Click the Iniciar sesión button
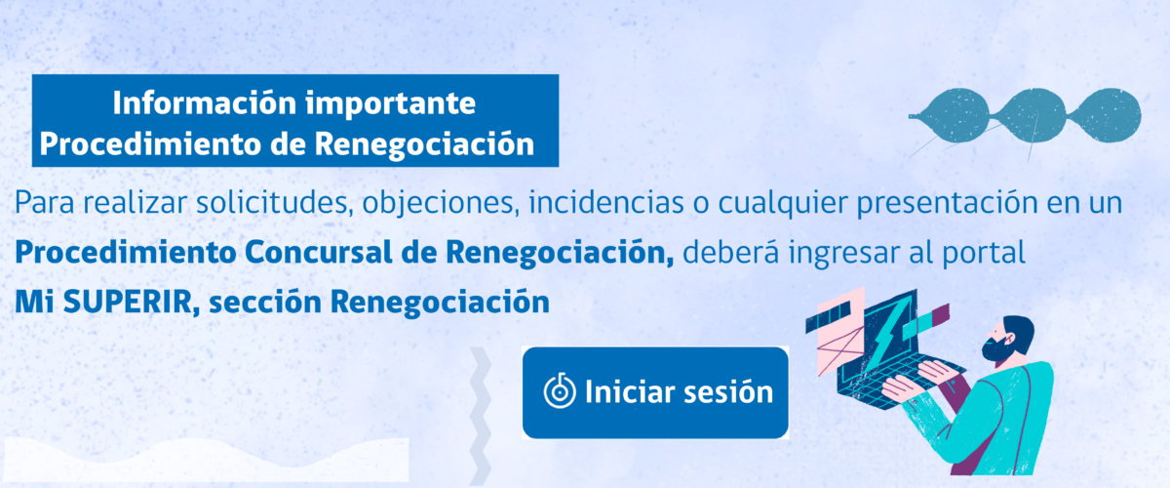coord(655,392)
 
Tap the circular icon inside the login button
coord(560,390)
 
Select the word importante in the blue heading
coord(391,104)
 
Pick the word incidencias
coord(606,203)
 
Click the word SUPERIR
coord(128,303)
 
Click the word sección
coord(265,303)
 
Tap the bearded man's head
coord(1007,338)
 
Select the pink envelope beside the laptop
coord(839,340)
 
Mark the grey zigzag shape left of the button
coord(480,417)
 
